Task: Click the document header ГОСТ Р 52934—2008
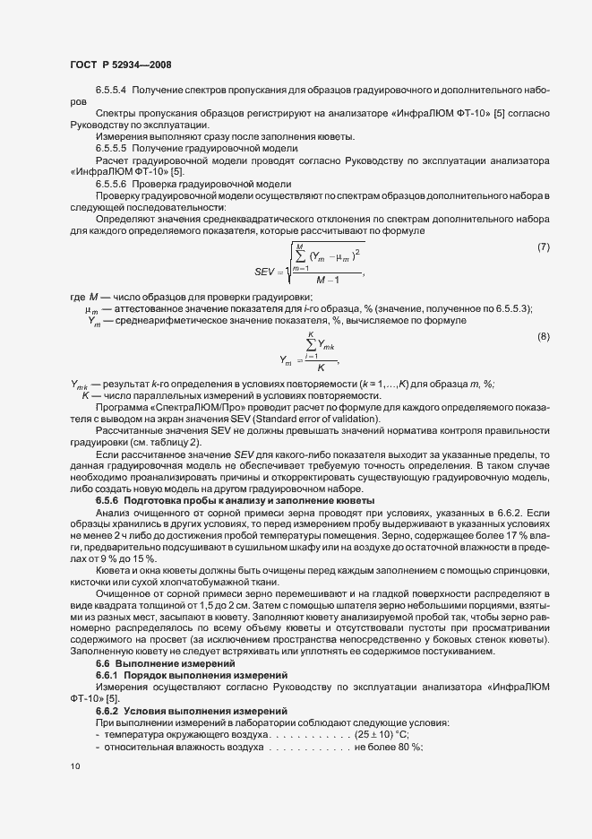tap(120, 65)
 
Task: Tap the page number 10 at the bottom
tap(74, 766)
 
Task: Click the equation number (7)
tap(543, 247)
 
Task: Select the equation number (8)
tap(543, 336)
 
